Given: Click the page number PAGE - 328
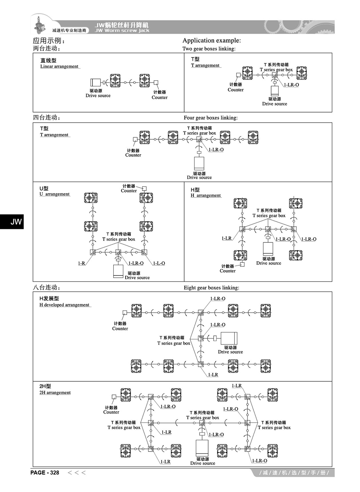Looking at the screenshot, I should tap(45, 472).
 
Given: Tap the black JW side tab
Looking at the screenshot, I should tap(12, 221).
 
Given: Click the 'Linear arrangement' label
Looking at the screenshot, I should tap(59, 66).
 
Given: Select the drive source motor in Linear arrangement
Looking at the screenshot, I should tap(96, 83).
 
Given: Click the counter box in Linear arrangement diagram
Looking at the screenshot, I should tap(156, 83).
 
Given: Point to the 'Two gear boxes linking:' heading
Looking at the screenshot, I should tap(209, 49).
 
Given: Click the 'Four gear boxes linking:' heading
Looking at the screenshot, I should tap(210, 118).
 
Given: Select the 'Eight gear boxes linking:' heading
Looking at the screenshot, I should tap(211, 288).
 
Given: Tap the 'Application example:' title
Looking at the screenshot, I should tap(211, 41).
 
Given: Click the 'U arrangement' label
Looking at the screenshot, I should tap(55, 194).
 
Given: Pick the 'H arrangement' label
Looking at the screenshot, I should tap(206, 196).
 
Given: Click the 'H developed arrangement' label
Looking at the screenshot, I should tap(64, 305).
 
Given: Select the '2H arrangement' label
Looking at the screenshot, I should tap(55, 393).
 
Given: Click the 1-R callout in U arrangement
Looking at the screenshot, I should tap(81, 263).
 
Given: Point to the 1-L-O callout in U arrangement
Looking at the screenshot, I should tap(159, 263).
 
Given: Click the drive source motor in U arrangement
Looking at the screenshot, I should tap(118, 271).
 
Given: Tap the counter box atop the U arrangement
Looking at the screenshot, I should tap(144, 188).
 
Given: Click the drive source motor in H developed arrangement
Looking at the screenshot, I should tap(229, 338).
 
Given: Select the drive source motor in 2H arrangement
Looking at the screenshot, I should tap(202, 448).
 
